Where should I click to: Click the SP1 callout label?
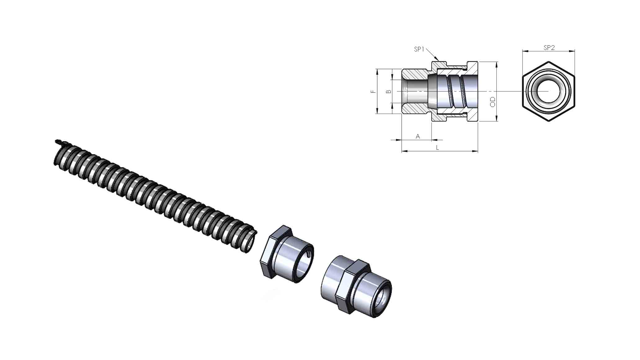coord(419,49)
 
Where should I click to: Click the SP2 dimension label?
coord(549,48)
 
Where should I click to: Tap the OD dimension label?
coord(492,102)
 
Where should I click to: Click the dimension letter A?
coord(418,136)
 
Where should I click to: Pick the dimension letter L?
coord(438,148)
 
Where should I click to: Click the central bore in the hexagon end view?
coord(549,92)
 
